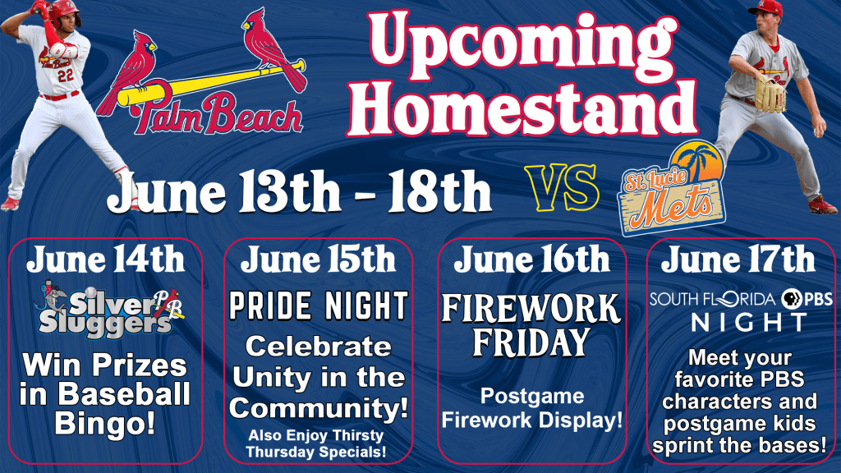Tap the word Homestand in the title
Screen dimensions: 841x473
click(523, 106)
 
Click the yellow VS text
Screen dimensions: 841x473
click(562, 188)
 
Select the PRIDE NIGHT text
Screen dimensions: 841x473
click(319, 305)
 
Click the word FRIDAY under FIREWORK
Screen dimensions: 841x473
click(531, 342)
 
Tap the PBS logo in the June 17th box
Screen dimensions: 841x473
click(807, 299)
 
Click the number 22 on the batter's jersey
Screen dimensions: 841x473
click(66, 76)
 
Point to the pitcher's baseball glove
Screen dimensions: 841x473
click(770, 94)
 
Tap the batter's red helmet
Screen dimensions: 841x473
click(63, 11)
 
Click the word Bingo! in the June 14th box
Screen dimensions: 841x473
click(104, 424)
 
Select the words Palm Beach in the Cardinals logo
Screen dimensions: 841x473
click(217, 113)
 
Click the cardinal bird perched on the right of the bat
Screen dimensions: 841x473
click(273, 48)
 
